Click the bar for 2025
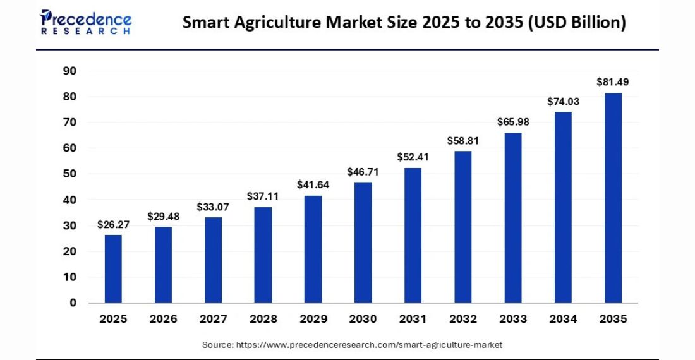(x=113, y=268)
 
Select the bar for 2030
(x=363, y=243)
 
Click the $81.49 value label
(x=613, y=82)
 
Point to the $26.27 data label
(x=113, y=224)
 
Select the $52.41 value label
(x=413, y=157)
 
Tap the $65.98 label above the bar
(x=513, y=122)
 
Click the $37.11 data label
(x=263, y=196)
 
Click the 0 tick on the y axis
(x=73, y=303)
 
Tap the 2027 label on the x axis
(x=213, y=319)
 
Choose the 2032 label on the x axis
(x=463, y=319)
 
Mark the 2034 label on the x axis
(x=563, y=319)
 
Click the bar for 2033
(x=513, y=217)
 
